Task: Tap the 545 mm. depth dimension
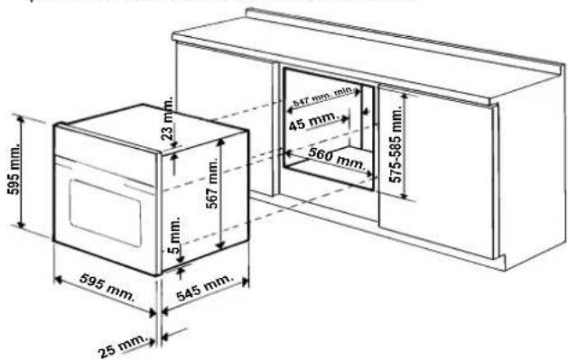click(x=204, y=290)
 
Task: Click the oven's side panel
click(x=203, y=198)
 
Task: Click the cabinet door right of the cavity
click(x=442, y=171)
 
